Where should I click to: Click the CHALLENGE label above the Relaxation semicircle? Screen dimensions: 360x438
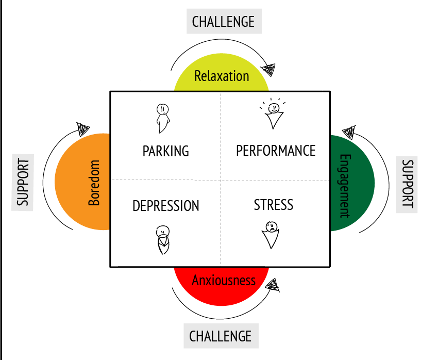(x=223, y=22)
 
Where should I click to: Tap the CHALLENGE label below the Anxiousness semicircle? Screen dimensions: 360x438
(x=221, y=336)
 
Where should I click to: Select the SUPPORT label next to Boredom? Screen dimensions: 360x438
(x=23, y=183)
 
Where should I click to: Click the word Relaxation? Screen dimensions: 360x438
(x=222, y=76)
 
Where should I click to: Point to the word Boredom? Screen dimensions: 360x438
(x=94, y=183)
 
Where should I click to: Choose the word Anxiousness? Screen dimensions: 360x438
(x=224, y=281)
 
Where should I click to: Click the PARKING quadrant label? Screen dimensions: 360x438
(x=166, y=152)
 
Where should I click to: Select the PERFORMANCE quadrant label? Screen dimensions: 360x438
(x=276, y=151)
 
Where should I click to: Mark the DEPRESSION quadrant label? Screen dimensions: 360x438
(x=166, y=206)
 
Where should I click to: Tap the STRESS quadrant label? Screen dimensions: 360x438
(x=274, y=205)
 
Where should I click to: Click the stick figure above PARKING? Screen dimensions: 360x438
(x=162, y=118)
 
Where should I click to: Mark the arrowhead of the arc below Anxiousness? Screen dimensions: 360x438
(x=273, y=285)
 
